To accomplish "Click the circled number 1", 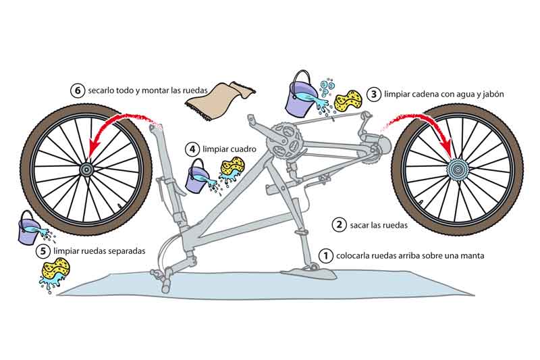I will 325,255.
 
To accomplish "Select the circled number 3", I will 373,95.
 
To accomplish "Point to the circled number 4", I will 192,148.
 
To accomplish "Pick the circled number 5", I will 43,251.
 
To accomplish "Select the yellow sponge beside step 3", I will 348,101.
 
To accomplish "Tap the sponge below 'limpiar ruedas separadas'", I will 54,274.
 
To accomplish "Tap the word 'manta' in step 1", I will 470,256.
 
